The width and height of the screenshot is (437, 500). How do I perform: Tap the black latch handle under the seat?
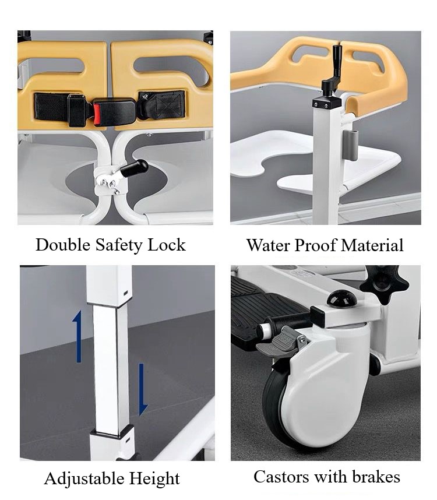[x=135, y=168]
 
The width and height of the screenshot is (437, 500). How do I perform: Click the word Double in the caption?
[x=63, y=245]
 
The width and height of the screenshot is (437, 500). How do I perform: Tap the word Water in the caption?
[x=269, y=245]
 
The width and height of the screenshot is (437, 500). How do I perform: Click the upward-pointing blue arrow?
[x=77, y=336]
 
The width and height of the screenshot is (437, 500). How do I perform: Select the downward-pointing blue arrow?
[x=143, y=389]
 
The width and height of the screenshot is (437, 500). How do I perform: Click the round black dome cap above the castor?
[x=341, y=298]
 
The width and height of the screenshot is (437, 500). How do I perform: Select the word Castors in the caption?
[x=281, y=477]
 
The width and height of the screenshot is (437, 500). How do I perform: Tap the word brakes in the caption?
[x=376, y=477]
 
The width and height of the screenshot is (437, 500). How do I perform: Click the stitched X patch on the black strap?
[x=170, y=104]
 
